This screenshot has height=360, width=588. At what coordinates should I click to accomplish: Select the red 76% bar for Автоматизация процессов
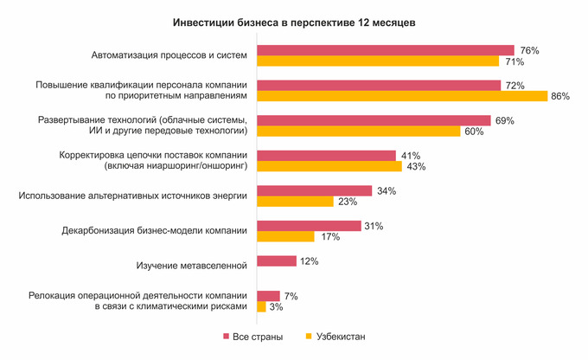(386, 50)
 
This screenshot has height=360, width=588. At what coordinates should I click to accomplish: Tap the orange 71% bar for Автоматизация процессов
(378, 61)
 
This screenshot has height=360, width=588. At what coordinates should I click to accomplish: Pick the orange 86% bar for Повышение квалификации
(402, 96)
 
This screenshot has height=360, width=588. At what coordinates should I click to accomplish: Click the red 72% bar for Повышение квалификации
(379, 85)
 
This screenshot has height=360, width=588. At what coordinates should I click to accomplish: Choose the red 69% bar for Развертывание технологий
(374, 119)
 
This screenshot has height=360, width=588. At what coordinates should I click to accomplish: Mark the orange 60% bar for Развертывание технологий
(359, 131)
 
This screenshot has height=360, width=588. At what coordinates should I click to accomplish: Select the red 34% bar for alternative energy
(315, 190)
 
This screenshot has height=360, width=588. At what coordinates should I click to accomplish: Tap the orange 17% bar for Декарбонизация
(285, 236)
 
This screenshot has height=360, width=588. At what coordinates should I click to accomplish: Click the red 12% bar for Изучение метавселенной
(277, 260)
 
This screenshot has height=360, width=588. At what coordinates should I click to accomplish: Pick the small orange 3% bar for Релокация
(261, 306)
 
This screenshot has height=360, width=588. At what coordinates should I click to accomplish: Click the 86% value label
(559, 96)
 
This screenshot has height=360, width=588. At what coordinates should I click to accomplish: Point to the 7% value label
(291, 296)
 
